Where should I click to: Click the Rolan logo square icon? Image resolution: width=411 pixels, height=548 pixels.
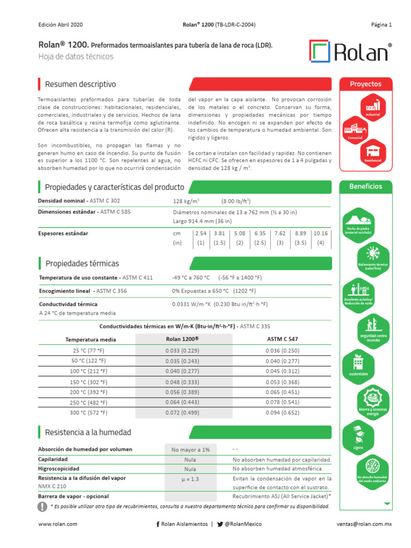tap(320, 51)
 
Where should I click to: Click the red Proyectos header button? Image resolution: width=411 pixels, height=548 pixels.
tap(366, 84)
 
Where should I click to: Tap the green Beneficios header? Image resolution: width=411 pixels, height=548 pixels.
tap(366, 187)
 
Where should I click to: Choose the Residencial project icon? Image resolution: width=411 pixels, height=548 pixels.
tap(373, 152)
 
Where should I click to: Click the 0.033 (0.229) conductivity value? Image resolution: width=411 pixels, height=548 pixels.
tap(184, 351)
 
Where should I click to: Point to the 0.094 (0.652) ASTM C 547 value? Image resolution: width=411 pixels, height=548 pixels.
tap(283, 413)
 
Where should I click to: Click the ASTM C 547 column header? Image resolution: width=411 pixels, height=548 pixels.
tap(283, 339)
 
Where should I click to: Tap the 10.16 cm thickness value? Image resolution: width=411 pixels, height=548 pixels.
tap(321, 233)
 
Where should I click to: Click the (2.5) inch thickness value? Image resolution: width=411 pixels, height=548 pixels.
tap(260, 242)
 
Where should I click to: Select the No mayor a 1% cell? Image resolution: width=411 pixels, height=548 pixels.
tap(191, 450)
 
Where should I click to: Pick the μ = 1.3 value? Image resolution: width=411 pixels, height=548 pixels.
tap(191, 479)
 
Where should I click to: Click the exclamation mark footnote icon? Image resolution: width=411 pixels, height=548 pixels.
tap(43, 506)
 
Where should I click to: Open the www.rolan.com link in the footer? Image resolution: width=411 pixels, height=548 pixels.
tap(58, 524)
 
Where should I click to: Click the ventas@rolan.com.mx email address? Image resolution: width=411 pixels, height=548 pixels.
tap(364, 524)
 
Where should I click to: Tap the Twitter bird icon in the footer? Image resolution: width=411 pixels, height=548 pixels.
tap(220, 524)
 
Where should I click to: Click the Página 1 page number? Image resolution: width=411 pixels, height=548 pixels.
tap(382, 25)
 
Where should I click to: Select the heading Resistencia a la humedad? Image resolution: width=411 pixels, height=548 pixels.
tap(88, 432)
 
